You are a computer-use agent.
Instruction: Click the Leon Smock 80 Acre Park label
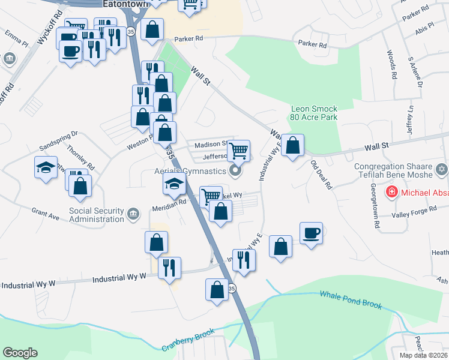click(x=314, y=113)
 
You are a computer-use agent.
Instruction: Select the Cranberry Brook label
click(x=188, y=341)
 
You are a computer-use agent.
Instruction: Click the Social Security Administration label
click(x=96, y=215)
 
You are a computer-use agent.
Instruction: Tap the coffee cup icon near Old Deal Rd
click(x=311, y=233)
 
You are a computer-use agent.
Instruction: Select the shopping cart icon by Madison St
click(x=238, y=150)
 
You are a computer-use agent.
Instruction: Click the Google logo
click(x=20, y=353)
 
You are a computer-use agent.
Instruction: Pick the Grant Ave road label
click(x=46, y=214)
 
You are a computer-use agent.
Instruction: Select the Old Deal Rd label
click(x=322, y=175)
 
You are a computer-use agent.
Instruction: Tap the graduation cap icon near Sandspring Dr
click(x=46, y=167)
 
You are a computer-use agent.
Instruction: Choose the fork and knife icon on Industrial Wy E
click(x=244, y=259)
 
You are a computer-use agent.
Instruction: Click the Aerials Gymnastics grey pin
click(x=235, y=171)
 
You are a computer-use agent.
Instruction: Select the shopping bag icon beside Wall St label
click(x=292, y=145)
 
